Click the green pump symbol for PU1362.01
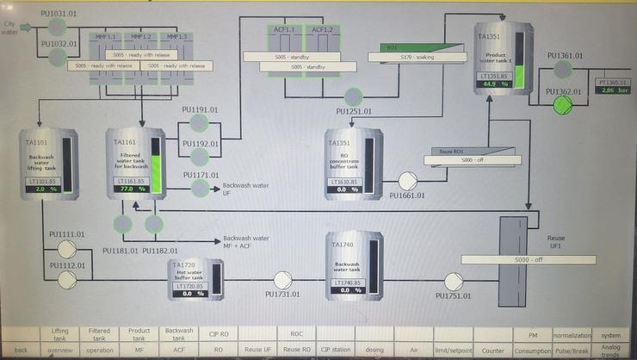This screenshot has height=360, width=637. tap(562, 104)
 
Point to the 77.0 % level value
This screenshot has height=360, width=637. tap(129, 188)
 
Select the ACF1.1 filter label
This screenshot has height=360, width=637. tap(280, 29)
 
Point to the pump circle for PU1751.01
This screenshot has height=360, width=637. tap(453, 280)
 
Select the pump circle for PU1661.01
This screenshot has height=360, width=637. tap(407, 181)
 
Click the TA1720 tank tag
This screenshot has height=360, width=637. tap(184, 264)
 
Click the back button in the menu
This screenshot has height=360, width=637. tap(21, 351)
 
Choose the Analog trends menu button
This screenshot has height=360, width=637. tap(610, 351)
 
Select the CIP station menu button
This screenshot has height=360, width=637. tap(337, 351)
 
